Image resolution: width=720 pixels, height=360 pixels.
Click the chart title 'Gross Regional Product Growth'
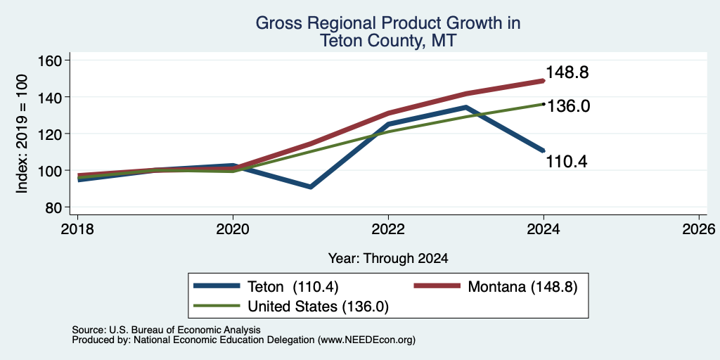tap(387, 23)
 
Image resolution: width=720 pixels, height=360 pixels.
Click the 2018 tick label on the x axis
tap(77, 229)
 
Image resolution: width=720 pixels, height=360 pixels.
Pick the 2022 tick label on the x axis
tap(388, 229)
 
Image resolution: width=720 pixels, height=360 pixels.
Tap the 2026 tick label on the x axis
tap(699, 229)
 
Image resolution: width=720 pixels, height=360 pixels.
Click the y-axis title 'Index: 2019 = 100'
tap(22, 134)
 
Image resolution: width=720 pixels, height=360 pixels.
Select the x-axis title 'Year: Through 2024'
tap(388, 259)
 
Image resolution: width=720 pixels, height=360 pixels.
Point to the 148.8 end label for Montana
tap(567, 72)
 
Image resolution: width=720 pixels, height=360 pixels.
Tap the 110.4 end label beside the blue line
tap(567, 161)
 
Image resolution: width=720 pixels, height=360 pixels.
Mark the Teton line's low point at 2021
tap(311, 187)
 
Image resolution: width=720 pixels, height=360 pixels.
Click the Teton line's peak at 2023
tap(465, 108)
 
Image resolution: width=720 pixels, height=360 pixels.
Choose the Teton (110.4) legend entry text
tap(293, 287)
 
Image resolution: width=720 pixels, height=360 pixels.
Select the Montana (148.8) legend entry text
tap(522, 287)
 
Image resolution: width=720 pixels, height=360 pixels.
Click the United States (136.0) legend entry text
tap(319, 307)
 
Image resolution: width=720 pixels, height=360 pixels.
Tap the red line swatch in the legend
tap(437, 286)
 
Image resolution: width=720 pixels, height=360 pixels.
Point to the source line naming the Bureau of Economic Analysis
tap(166, 330)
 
